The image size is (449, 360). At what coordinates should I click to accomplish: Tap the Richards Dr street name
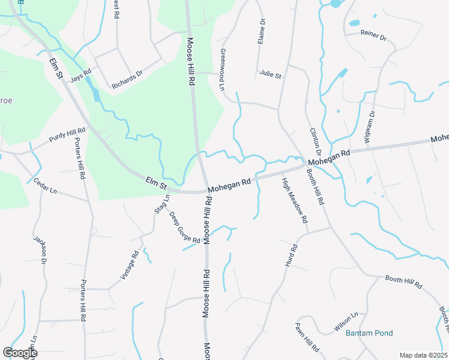point(127,81)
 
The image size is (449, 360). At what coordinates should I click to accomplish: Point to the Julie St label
point(270,75)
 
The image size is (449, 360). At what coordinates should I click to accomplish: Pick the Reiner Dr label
point(374,35)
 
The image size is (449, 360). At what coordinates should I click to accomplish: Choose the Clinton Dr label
point(315,142)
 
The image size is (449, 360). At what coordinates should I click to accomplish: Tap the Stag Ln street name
point(161,204)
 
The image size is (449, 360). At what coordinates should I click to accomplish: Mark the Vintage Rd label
point(130,265)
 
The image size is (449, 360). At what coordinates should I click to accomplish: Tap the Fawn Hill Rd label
point(307,337)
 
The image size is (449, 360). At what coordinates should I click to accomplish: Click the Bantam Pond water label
point(369,333)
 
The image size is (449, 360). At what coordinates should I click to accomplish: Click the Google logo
point(19,353)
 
